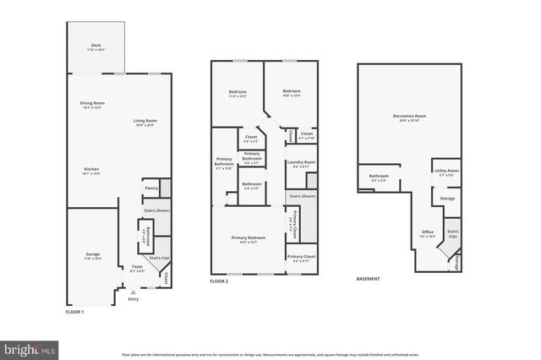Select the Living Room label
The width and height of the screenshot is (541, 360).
coord(145,122)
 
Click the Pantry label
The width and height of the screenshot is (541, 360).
coord(151,188)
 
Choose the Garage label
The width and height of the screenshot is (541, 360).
coord(92,255)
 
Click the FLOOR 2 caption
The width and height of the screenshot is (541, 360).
coord(220,280)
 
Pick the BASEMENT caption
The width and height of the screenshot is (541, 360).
coord(368,279)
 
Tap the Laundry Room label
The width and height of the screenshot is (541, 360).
coord(301,163)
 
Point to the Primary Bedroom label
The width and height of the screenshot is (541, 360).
coord(249,239)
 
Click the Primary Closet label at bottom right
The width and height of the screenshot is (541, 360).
coord(301,258)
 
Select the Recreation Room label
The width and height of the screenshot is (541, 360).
coord(409,117)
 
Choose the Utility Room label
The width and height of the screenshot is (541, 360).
coord(447,172)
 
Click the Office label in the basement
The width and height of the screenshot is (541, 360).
coord(428,233)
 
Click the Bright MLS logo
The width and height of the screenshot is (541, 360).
coord(30,347)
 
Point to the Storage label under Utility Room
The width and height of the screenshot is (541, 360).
coord(447,199)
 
